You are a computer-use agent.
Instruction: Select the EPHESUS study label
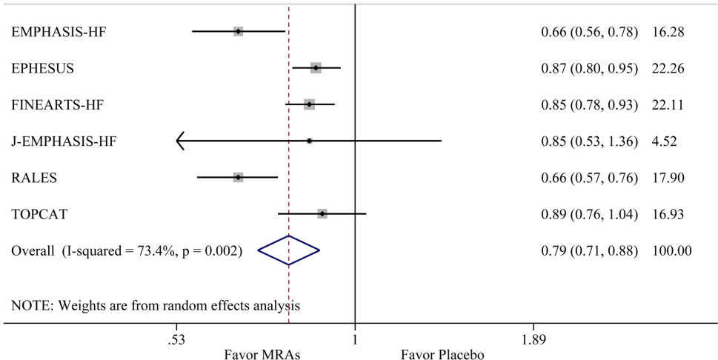tap(43, 68)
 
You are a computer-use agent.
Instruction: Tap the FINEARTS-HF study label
tap(56, 104)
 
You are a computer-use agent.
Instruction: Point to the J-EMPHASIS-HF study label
tap(64, 141)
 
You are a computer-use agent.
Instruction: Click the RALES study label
tap(34, 178)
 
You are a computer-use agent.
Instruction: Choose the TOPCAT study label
tap(39, 214)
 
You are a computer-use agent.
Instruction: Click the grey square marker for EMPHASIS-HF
tap(238, 32)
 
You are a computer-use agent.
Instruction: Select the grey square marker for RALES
tap(238, 178)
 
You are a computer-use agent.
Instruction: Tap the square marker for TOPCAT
tap(322, 214)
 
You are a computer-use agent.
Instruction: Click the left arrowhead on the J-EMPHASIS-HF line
tap(180, 141)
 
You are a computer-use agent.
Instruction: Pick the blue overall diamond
tap(289, 250)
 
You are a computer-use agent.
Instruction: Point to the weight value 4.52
tap(664, 141)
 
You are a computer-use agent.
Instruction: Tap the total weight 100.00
tap(672, 250)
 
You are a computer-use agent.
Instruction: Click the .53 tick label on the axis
tap(176, 340)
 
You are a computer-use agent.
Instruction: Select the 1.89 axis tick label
tap(533, 340)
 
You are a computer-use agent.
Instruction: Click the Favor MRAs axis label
tap(262, 354)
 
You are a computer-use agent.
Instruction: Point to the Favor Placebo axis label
tap(442, 354)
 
